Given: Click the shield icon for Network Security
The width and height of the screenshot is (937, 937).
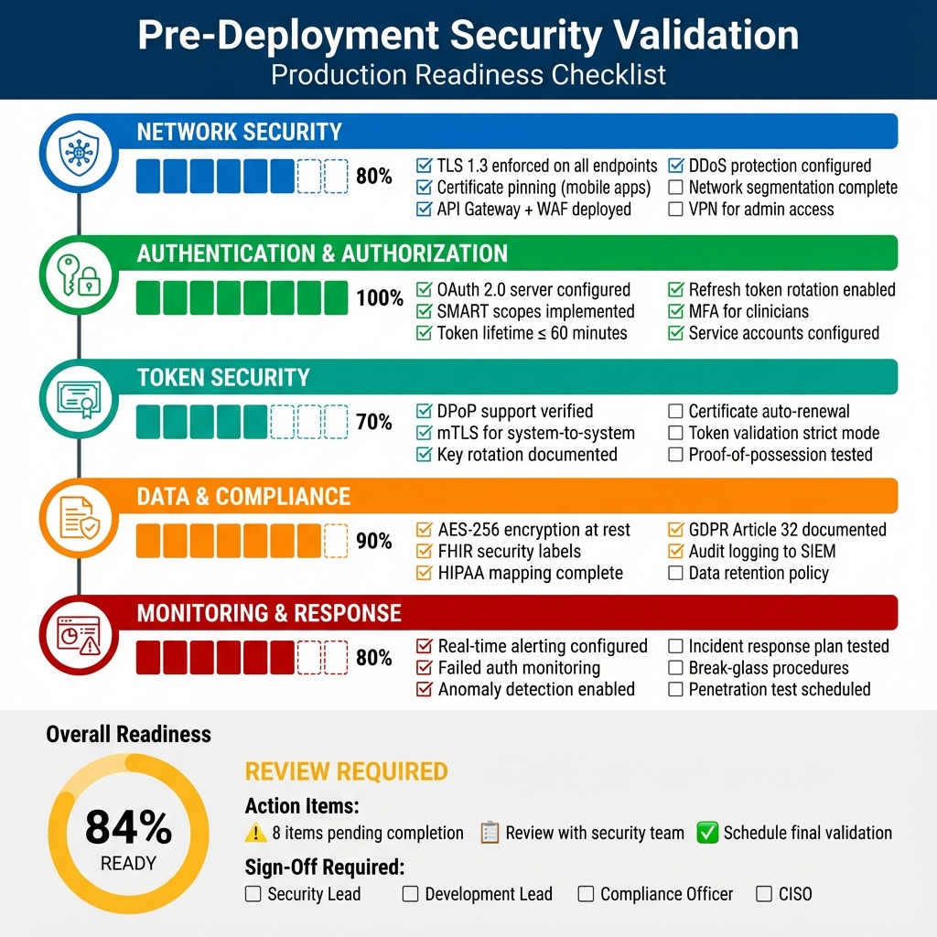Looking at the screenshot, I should pos(79,152).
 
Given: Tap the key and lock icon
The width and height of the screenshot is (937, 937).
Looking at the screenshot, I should pos(79,274).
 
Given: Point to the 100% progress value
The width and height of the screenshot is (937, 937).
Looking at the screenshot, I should pos(380,298).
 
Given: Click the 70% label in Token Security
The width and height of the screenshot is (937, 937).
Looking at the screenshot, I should pos(374,422).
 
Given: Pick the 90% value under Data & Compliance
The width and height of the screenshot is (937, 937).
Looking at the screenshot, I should pos(374,542).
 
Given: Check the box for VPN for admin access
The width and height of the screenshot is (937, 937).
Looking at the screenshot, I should pos(675,210).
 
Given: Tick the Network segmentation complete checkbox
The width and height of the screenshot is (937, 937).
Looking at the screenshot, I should pos(675,188).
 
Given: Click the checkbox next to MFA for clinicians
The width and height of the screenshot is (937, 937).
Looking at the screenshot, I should pos(675,311).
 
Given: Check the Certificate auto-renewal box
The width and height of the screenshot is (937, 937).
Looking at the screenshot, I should pos(675,412).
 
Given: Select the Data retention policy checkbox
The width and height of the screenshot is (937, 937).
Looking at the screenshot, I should pos(675,574).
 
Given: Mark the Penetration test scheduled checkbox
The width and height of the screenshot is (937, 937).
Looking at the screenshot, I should pos(675,690).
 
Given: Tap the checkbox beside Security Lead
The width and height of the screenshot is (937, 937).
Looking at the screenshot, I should pos(253,894).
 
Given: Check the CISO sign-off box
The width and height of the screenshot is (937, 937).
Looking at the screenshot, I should pos(764,894).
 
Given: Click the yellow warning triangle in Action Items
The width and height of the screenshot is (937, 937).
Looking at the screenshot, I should pos(255,833).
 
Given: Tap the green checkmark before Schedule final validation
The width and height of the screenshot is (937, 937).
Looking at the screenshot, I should pos(706,833).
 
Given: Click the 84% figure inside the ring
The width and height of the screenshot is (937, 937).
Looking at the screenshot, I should pos(128,829).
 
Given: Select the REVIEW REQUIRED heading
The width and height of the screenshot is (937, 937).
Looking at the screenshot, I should pos(346,771).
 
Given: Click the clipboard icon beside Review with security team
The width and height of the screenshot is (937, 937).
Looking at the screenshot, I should pos(490,833).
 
